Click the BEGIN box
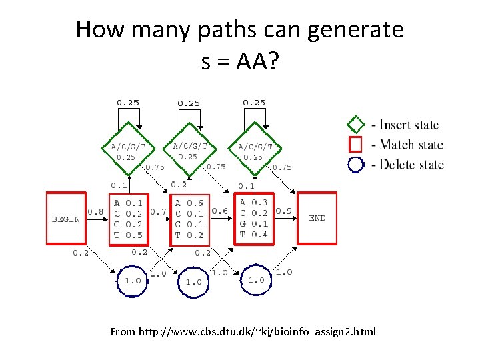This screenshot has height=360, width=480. (x=66, y=219)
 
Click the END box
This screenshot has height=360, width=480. (x=317, y=218)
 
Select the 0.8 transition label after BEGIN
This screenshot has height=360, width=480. (x=96, y=212)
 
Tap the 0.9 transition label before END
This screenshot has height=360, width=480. (x=283, y=211)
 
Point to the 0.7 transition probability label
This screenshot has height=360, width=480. (x=159, y=212)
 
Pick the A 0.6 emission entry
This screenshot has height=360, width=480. (x=189, y=203)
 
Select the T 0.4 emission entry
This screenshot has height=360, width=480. (x=254, y=234)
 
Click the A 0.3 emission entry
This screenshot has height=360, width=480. (x=254, y=203)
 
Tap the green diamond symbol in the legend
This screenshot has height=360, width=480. (x=356, y=125)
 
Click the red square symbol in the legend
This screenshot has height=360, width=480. (x=356, y=144)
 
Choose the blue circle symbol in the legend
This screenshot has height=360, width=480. (x=356, y=164)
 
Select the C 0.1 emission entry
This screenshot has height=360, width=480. (x=189, y=214)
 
